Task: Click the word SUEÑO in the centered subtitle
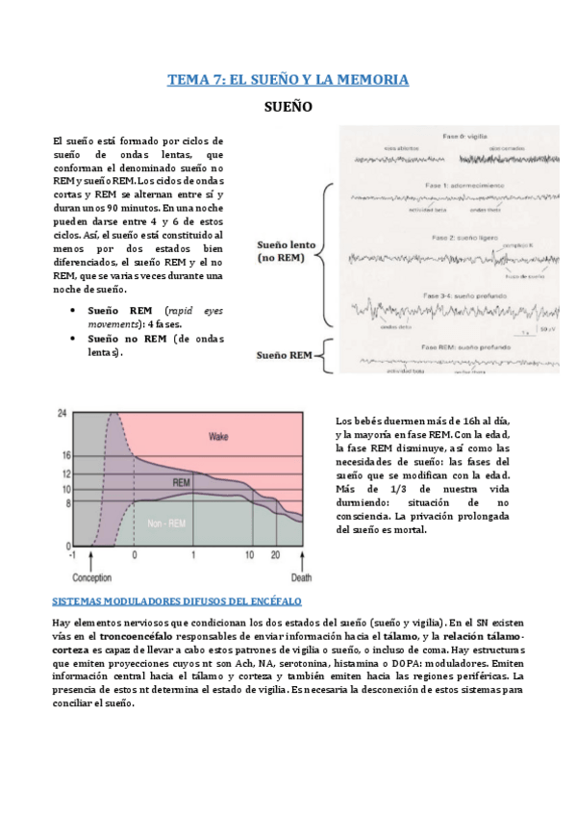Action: [x=288, y=110]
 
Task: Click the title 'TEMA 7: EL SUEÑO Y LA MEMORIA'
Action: [x=288, y=80]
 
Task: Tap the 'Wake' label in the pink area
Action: [x=219, y=437]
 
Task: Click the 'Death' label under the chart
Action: [x=301, y=578]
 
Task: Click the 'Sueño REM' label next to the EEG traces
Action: [x=284, y=355]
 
